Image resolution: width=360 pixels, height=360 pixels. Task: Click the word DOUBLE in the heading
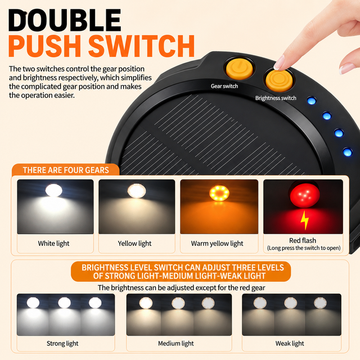coord(65,20)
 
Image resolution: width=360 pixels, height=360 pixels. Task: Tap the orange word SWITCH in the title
coord(141,46)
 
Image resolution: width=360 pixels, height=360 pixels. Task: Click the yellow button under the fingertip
coord(279,80)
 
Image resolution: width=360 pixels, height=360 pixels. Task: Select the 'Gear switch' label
coord(224,86)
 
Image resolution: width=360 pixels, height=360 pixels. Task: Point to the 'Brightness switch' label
coord(276,98)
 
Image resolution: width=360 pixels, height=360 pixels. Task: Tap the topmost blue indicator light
coord(311,101)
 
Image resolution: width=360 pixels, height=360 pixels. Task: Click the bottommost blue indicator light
coord(348,152)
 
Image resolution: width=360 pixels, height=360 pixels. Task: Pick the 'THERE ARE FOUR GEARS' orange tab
coord(66,170)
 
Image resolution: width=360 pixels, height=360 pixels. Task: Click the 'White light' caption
coord(53,244)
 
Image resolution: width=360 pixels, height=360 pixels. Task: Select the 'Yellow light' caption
coord(134,244)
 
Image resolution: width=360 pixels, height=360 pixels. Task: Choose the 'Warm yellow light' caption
coord(217,244)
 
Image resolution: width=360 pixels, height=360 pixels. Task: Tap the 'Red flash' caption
coord(303,240)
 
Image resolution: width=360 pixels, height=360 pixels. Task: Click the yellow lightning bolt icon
coord(305,220)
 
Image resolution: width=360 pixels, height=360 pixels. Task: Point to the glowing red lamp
coord(305,194)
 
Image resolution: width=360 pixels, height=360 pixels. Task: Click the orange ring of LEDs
coord(219,193)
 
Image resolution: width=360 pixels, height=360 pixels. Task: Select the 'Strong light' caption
coord(62,344)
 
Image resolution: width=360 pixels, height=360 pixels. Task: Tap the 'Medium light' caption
coord(176,344)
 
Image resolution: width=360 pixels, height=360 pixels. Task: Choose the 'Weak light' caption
coord(290,344)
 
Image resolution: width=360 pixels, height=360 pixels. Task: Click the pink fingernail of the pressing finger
coord(280,62)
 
